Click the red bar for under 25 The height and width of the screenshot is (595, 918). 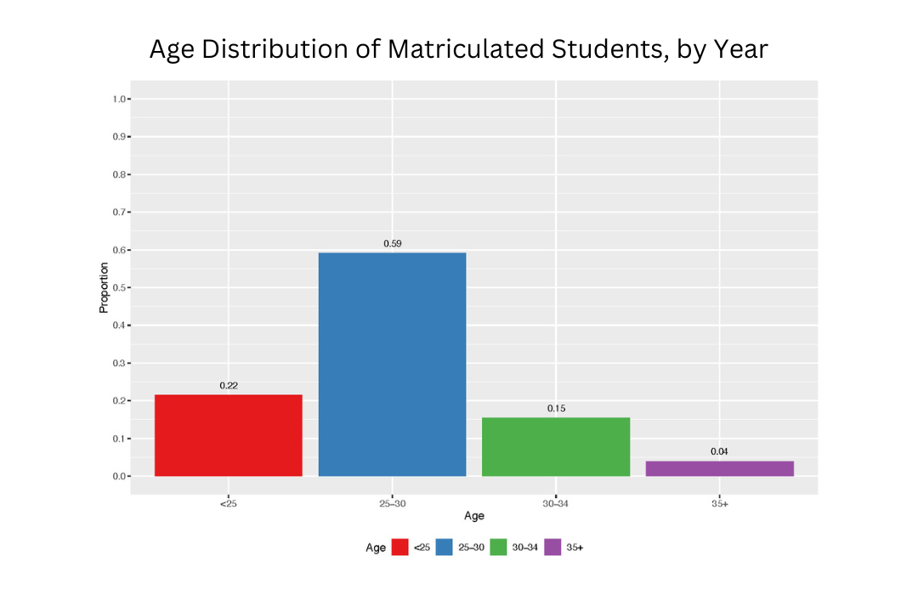click(228, 435)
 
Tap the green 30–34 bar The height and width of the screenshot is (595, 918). click(556, 446)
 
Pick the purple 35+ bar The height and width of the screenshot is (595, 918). click(719, 468)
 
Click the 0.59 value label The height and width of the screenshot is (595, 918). click(392, 244)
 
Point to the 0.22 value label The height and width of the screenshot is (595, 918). click(229, 386)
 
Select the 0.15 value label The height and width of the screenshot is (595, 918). click(556, 409)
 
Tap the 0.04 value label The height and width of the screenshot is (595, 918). click(719, 451)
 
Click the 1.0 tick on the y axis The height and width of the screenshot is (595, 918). click(118, 99)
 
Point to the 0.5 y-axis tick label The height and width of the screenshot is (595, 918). click(118, 288)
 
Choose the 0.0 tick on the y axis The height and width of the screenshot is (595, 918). click(118, 476)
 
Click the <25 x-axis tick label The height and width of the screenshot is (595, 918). click(228, 504)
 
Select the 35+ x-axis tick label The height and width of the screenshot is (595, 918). click(719, 504)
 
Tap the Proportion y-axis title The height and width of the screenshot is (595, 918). click(104, 288)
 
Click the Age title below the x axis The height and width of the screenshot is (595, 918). click(473, 517)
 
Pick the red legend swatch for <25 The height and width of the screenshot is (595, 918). click(400, 547)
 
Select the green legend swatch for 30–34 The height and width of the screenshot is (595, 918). click(499, 547)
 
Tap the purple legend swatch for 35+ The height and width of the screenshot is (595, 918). click(553, 547)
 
